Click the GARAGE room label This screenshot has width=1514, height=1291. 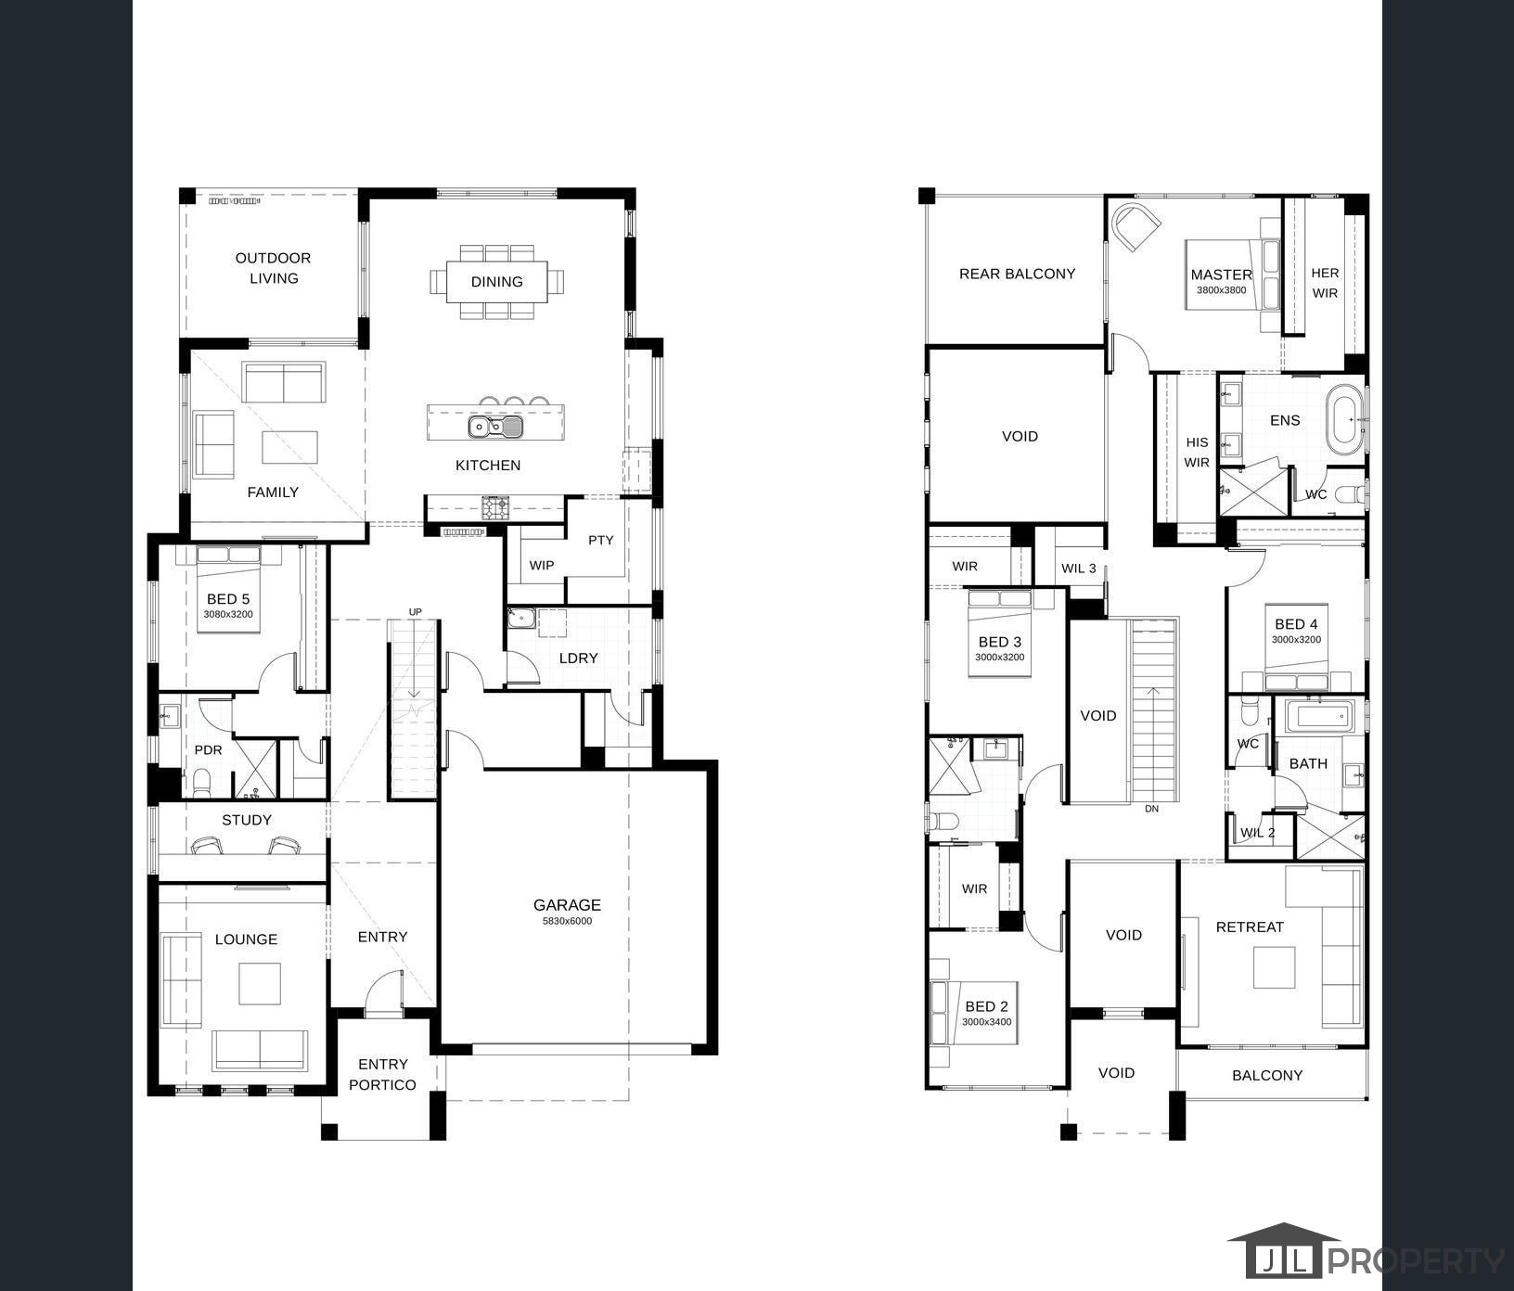(x=567, y=904)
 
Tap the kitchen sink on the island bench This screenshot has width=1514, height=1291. (x=495, y=427)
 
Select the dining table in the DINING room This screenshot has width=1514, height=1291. (x=496, y=281)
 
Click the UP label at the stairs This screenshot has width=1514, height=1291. (x=415, y=611)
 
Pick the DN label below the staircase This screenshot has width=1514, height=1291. (x=1151, y=809)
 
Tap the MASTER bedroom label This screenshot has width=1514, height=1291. (x=1221, y=275)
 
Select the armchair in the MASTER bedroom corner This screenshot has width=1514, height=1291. (x=1136, y=226)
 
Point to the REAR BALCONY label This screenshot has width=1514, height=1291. (x=1017, y=274)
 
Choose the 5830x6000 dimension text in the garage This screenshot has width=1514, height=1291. (x=567, y=921)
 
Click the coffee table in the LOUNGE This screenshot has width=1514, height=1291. (x=260, y=984)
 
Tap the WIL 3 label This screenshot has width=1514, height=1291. (x=1079, y=569)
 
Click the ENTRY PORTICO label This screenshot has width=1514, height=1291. (x=382, y=1074)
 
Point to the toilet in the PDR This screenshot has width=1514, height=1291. (x=202, y=782)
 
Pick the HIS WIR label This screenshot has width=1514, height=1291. (x=1197, y=453)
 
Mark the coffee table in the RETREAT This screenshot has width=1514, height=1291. (x=1275, y=966)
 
